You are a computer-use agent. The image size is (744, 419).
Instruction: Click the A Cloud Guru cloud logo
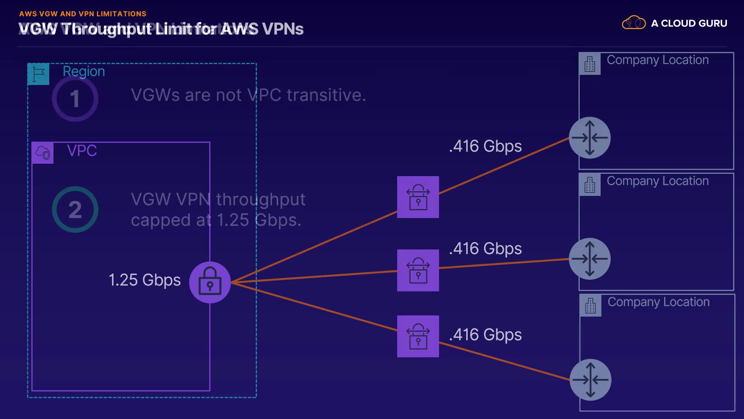[x=634, y=23]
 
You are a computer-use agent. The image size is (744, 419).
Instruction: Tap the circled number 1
[x=75, y=99]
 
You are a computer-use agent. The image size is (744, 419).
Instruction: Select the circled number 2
[x=75, y=209]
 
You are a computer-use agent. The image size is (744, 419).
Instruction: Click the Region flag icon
[x=38, y=74]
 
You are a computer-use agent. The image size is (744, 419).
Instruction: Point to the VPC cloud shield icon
[x=43, y=153]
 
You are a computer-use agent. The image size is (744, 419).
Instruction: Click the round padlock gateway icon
[x=210, y=282]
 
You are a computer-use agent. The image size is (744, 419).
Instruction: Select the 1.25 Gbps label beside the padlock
[x=145, y=280]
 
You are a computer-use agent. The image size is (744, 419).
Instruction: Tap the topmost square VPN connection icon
[x=418, y=197]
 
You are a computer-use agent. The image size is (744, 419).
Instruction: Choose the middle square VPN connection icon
[x=418, y=270]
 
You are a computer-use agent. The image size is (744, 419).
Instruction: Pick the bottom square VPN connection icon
[x=418, y=336]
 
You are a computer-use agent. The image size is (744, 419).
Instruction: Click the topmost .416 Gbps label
[x=485, y=146]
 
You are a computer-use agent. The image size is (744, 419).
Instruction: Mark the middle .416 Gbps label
[x=485, y=249]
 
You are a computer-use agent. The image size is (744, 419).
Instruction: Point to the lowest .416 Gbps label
[x=485, y=335]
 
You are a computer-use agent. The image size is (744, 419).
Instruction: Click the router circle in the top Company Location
[x=590, y=138]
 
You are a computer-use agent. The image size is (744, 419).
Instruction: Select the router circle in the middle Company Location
[x=590, y=259]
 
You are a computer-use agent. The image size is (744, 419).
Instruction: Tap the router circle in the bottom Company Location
[x=591, y=380]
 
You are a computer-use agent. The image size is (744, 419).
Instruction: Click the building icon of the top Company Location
[x=590, y=64]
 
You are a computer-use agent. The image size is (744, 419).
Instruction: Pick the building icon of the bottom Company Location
[x=591, y=306]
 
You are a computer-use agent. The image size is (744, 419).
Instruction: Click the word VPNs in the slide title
[x=282, y=29]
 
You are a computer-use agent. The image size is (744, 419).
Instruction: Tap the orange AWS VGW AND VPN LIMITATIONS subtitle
[x=83, y=14]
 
